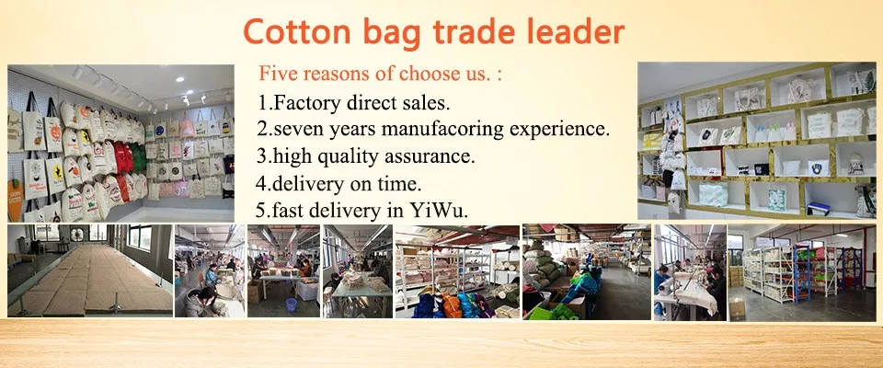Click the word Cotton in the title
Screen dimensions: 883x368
pyautogui.click(x=296, y=32)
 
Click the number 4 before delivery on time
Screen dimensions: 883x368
pyautogui.click(x=260, y=183)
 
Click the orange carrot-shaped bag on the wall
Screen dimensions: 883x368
pyautogui.click(x=15, y=200)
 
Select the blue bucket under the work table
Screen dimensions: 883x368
pyautogui.click(x=292, y=305)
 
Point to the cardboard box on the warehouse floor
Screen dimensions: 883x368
pyautogui.click(x=737, y=307)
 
